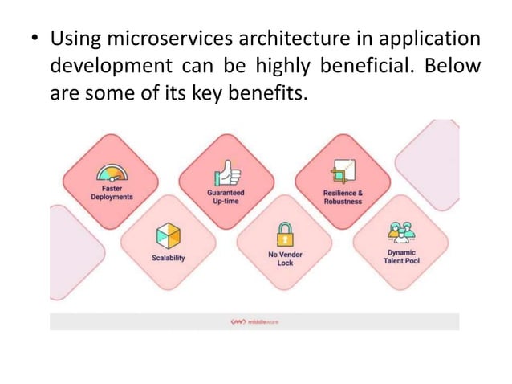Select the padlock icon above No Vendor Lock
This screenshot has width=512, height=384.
coord(285,235)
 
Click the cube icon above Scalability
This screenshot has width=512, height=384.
coord(169,235)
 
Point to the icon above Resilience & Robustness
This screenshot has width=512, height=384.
coord(343,172)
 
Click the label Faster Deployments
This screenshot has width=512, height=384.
coord(112,193)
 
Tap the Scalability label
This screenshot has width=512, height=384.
coord(169,258)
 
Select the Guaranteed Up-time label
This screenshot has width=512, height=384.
coord(226,197)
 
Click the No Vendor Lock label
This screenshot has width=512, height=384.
coord(285,258)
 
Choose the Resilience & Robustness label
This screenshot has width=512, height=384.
coord(343,197)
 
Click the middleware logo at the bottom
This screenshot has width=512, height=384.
coord(254,321)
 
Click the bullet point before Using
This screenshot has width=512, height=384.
coord(36,40)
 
